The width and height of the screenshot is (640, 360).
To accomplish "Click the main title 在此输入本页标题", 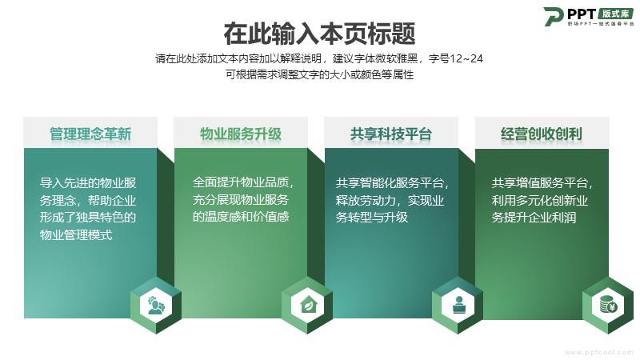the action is pos(319,34).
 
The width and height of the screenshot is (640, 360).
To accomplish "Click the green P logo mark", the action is pos(554,16).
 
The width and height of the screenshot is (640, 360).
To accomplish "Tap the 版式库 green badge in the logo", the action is pos(616,14).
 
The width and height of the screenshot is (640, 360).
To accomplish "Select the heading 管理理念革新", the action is pos(90,134).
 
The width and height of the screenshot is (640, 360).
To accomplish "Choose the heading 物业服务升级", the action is pos(241,134).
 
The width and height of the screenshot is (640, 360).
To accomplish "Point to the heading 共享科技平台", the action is pos(391,134).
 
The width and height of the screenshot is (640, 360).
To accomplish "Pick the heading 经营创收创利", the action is pos(542,134).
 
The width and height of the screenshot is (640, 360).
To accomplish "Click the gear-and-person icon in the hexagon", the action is pos(156,306).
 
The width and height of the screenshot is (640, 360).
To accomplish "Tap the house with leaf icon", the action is pos(307,306).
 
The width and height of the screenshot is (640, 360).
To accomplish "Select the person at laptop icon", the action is pos(458,306).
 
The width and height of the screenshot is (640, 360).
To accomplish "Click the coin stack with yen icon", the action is pos(608,306).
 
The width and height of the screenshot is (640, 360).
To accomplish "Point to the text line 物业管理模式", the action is pos(76,235).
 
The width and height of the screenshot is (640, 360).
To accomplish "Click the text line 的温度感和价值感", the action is pos(241,216).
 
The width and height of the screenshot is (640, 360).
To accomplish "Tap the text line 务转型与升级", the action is pos(371,217).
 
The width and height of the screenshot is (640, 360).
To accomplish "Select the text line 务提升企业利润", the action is pos(534,217).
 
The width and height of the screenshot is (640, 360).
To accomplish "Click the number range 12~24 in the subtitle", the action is pos(466,58).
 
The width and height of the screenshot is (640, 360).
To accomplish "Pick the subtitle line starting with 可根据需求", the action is pos(319,74).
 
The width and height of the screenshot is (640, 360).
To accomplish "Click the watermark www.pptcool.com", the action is pos(599,352).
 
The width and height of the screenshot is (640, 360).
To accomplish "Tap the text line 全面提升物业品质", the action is pos(242,182).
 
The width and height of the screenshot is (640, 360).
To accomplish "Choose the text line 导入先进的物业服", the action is pos(88,183).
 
